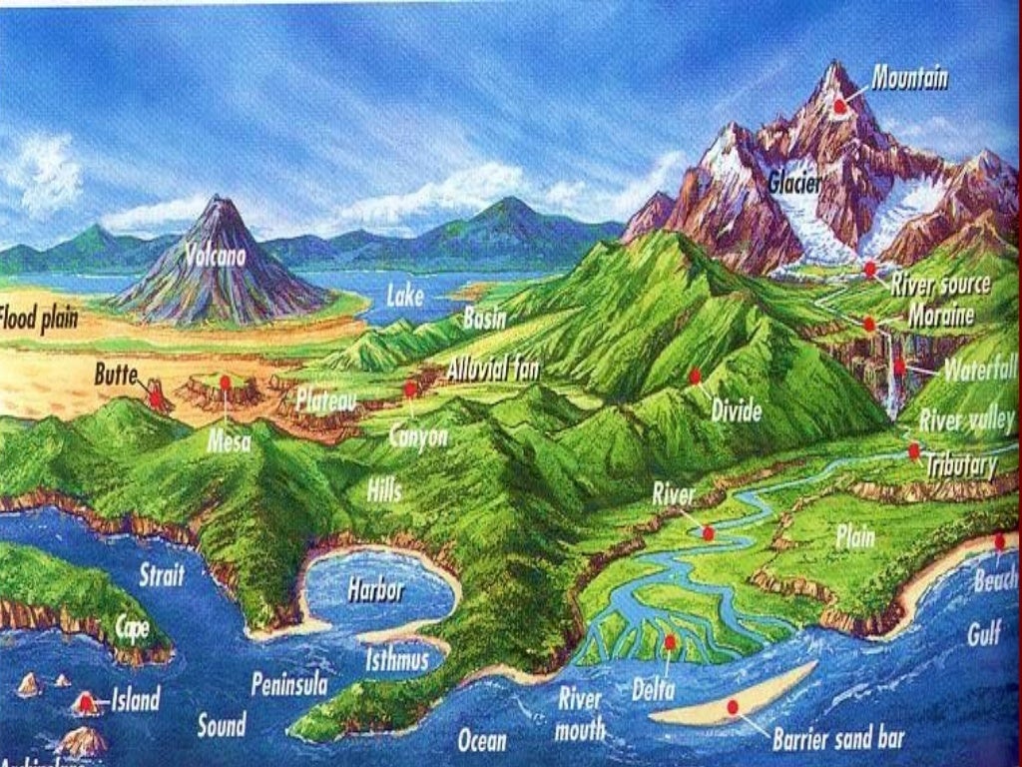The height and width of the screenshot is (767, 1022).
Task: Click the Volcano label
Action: coord(215,256)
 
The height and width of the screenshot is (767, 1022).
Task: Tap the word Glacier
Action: coord(795,183)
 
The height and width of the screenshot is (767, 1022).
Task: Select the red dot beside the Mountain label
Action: coord(841,105)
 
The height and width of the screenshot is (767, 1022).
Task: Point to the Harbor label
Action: coord(375,590)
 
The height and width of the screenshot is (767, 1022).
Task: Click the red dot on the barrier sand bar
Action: coord(733,706)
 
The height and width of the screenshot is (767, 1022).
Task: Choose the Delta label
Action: coord(653,689)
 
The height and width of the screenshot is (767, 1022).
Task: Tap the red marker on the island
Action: coord(88,703)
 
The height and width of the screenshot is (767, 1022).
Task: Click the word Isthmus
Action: coord(396,660)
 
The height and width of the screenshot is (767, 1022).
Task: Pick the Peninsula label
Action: coord(289,685)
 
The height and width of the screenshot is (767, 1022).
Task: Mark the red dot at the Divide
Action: coord(695,376)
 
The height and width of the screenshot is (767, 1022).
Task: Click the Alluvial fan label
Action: coord(493,370)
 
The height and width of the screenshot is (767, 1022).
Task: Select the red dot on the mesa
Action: coord(226,383)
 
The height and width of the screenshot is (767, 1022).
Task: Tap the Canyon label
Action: coord(418,436)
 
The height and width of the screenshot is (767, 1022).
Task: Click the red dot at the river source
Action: coord(870,269)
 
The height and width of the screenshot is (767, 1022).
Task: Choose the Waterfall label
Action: coord(979,372)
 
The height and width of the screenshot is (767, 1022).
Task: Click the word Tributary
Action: coord(961,465)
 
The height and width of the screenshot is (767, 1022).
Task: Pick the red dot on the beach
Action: coord(1000,541)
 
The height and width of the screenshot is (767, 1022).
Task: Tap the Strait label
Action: coord(162,575)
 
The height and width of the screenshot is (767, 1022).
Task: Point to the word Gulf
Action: coord(983,632)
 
